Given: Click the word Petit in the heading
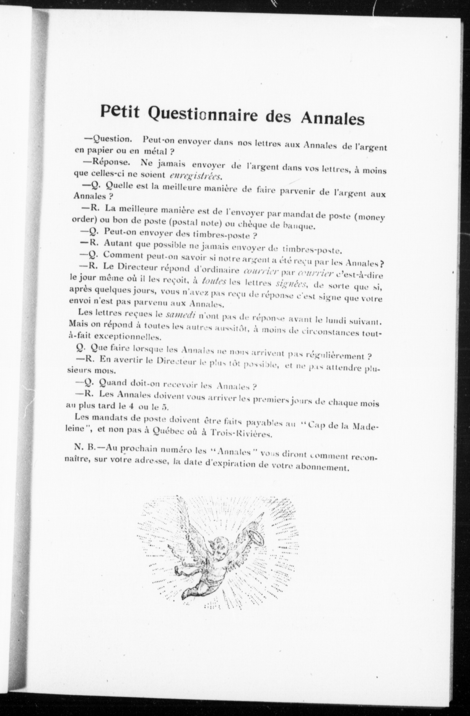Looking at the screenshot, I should point(120,112).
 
